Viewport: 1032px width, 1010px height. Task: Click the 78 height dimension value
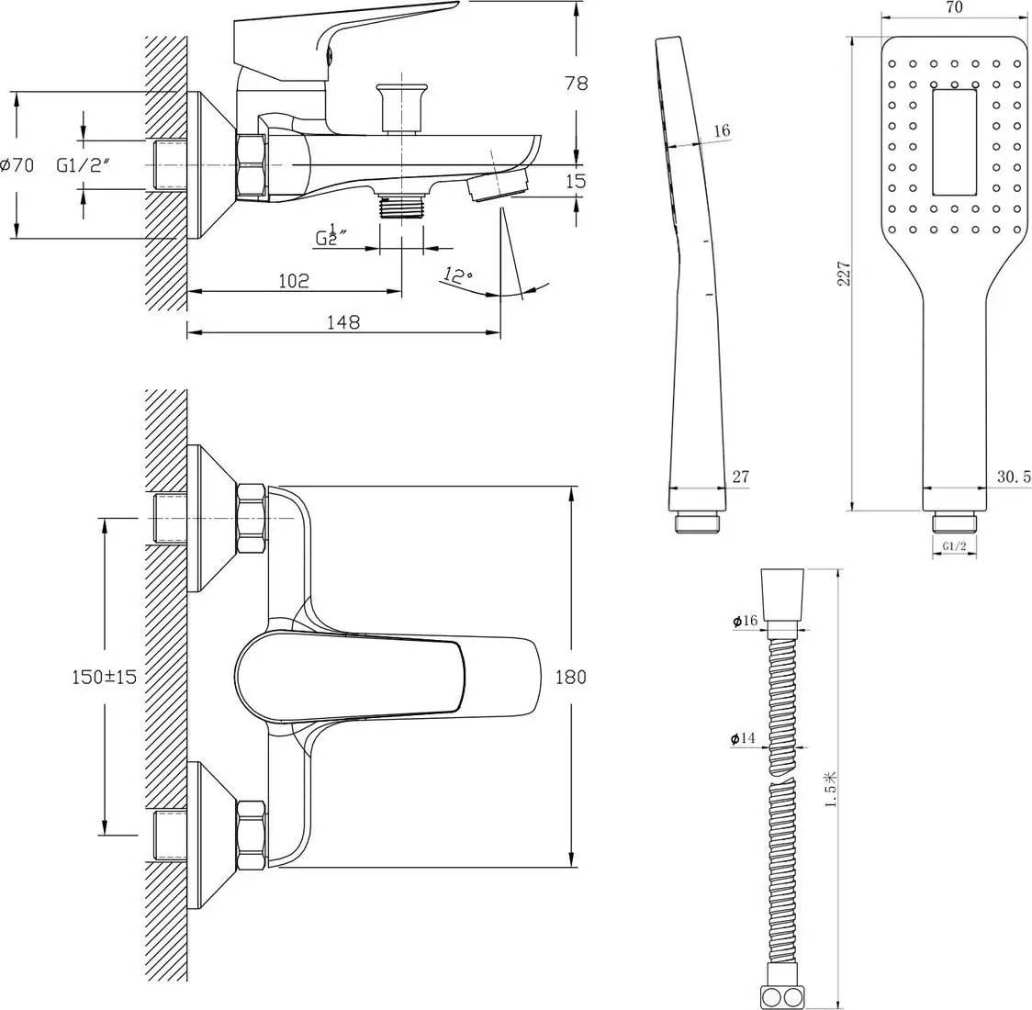click(x=576, y=83)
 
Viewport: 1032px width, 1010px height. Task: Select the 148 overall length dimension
click(x=342, y=321)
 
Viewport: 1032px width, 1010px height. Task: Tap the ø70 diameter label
click(x=17, y=165)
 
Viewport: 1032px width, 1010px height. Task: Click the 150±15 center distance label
click(x=104, y=677)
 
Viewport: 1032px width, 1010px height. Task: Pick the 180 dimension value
click(x=570, y=677)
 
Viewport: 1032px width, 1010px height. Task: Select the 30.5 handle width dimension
click(x=1013, y=476)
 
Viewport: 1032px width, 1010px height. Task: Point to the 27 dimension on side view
click(x=740, y=476)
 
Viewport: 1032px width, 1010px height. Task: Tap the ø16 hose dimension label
click(x=745, y=622)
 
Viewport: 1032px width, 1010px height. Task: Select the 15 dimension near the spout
click(x=576, y=181)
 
